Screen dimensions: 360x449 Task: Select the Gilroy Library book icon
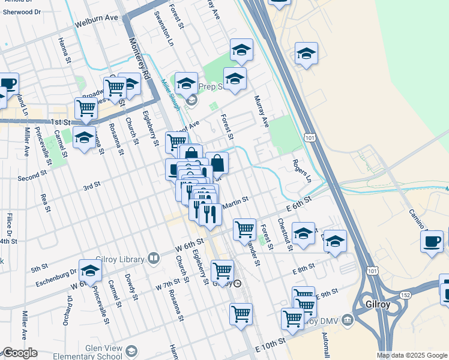(154, 259)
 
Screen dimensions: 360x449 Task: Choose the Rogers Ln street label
(303, 170)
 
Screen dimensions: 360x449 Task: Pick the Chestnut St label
(285, 234)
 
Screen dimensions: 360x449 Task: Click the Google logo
(20, 353)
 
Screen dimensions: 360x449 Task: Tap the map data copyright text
(411, 355)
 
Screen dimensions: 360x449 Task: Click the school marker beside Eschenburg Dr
(90, 271)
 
